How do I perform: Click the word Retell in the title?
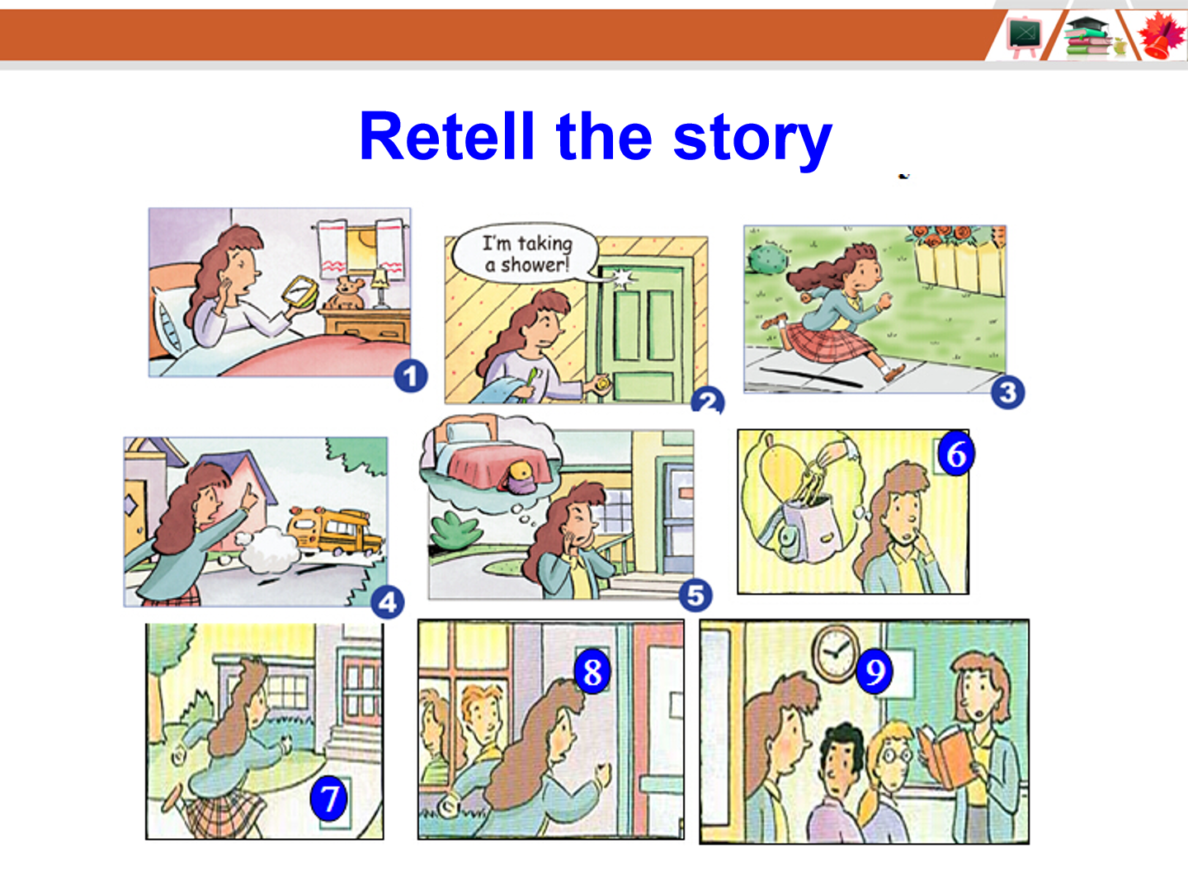click(447, 136)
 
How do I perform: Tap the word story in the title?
click(752, 139)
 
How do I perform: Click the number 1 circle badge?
click(411, 376)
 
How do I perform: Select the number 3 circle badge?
click(1008, 392)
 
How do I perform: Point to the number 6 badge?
click(956, 454)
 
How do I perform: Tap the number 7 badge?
click(328, 799)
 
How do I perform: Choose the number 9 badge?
click(874, 672)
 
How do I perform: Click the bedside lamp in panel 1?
click(380, 289)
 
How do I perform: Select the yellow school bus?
click(333, 531)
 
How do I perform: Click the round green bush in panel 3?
click(767, 257)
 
